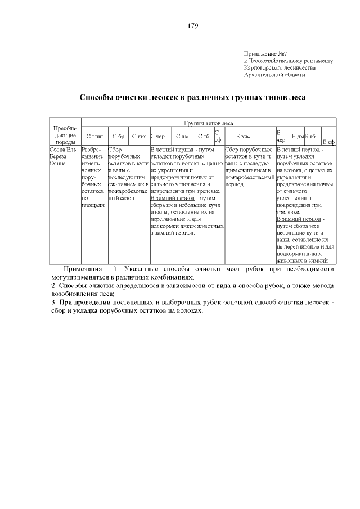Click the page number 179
click(192, 26)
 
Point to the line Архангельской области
click(274, 75)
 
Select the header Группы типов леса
click(208, 122)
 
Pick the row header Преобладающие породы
click(65, 135)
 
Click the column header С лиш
click(94, 136)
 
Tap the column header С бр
click(118, 136)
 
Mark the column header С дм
click(182, 136)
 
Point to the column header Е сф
click(328, 142)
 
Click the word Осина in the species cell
click(58, 164)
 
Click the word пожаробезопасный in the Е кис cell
click(249, 177)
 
